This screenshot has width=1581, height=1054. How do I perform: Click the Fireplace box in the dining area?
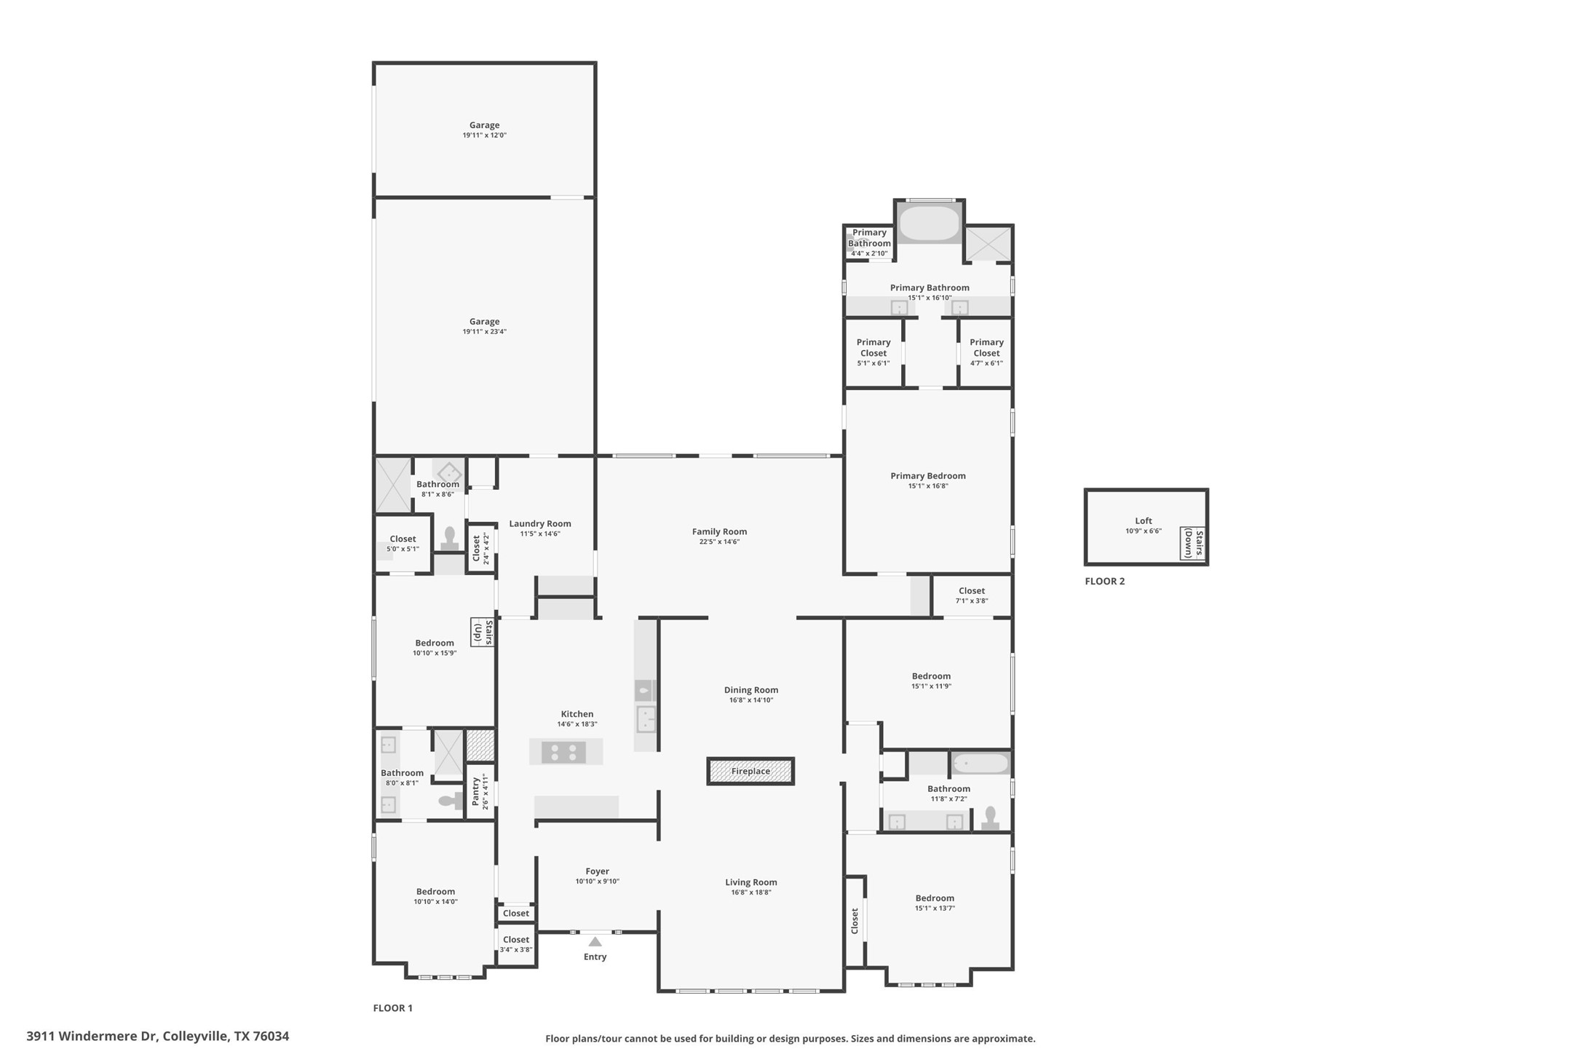pyautogui.click(x=750, y=771)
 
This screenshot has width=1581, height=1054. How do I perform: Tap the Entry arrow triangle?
pyautogui.click(x=595, y=942)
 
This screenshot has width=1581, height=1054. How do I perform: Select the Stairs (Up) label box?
pyautogui.click(x=483, y=633)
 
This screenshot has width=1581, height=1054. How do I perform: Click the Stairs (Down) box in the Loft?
pyautogui.click(x=1192, y=544)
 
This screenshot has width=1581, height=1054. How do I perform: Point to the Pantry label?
pyautogui.click(x=476, y=792)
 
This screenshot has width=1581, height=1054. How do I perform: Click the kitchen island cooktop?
pyautogui.click(x=563, y=752)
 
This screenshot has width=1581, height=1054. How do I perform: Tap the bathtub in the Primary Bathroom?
pyautogui.click(x=929, y=224)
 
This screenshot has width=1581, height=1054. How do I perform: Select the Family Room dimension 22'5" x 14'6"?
pyautogui.click(x=719, y=542)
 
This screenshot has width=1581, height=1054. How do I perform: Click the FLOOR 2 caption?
pyautogui.click(x=1104, y=581)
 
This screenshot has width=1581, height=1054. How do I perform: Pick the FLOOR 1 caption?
pyautogui.click(x=392, y=1008)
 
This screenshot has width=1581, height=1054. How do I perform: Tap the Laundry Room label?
pyautogui.click(x=539, y=523)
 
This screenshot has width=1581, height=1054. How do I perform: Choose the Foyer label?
pyautogui.click(x=597, y=871)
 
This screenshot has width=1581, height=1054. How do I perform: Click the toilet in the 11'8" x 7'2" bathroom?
pyautogui.click(x=990, y=819)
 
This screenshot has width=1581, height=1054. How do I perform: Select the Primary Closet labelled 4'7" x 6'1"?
pyautogui.click(x=986, y=352)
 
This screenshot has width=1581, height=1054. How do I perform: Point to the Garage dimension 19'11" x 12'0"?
pyautogui.click(x=484, y=135)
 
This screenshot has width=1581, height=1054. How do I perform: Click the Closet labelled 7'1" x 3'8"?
pyautogui.click(x=971, y=595)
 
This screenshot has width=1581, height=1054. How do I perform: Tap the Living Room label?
pyautogui.click(x=750, y=882)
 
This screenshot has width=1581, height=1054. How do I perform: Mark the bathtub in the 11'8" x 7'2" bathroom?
pyautogui.click(x=980, y=764)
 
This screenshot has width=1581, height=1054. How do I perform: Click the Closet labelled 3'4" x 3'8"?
pyautogui.click(x=516, y=944)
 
